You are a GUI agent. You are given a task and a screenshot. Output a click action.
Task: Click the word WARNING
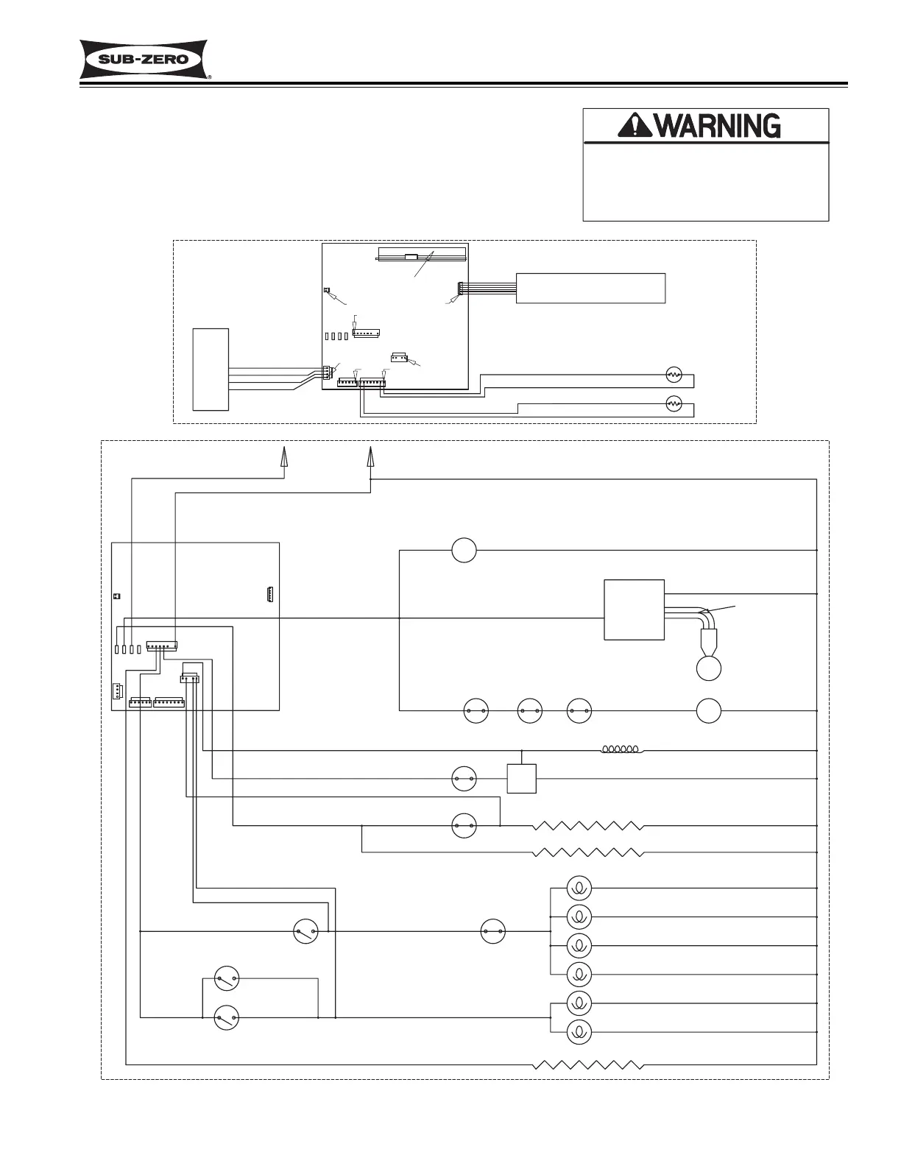coord(717,127)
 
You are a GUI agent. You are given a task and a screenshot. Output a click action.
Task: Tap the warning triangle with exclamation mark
coord(633,127)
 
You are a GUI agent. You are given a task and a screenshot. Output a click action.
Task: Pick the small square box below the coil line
coord(522,778)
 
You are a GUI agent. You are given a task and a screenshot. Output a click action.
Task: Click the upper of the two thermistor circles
coord(674,375)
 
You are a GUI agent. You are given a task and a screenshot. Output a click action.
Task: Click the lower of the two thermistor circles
coord(674,403)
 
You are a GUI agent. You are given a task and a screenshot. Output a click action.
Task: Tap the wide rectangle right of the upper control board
coord(591,287)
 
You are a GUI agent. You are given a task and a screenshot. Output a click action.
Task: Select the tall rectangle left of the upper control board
coord(211,369)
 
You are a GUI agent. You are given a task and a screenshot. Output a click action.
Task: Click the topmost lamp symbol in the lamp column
coord(579,888)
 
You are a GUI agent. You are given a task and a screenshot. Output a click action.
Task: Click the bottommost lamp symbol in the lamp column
coord(579,1033)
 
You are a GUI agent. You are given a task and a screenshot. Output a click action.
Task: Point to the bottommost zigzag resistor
coord(589,1064)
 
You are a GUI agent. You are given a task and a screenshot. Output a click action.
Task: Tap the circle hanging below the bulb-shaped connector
coord(708,668)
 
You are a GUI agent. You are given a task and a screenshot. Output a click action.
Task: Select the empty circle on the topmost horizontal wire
coord(464,550)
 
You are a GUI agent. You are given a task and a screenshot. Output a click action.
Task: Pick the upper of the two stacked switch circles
coord(227,979)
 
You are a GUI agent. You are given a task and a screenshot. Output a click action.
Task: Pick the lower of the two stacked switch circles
coord(227,1018)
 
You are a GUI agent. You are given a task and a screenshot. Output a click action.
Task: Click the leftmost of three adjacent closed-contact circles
coord(476,711)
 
